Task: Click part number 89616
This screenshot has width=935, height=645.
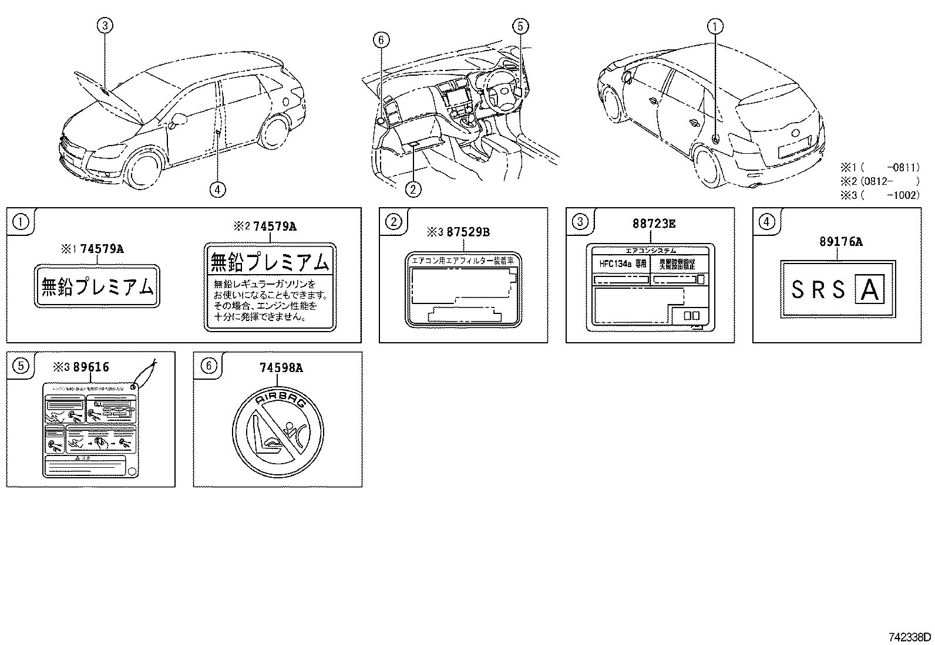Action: (89, 367)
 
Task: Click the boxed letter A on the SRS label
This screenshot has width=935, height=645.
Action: (869, 289)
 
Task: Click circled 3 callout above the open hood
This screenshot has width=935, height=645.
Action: (105, 25)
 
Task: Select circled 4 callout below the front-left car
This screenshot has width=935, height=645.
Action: (217, 188)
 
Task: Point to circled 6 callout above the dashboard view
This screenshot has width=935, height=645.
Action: (381, 40)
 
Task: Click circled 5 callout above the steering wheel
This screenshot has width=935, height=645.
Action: (520, 25)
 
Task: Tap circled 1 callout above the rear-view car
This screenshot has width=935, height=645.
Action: (715, 25)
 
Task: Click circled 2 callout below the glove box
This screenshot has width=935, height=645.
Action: (413, 188)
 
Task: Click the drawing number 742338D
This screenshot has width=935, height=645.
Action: (909, 636)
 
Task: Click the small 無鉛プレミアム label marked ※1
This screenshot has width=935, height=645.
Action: (97, 286)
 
